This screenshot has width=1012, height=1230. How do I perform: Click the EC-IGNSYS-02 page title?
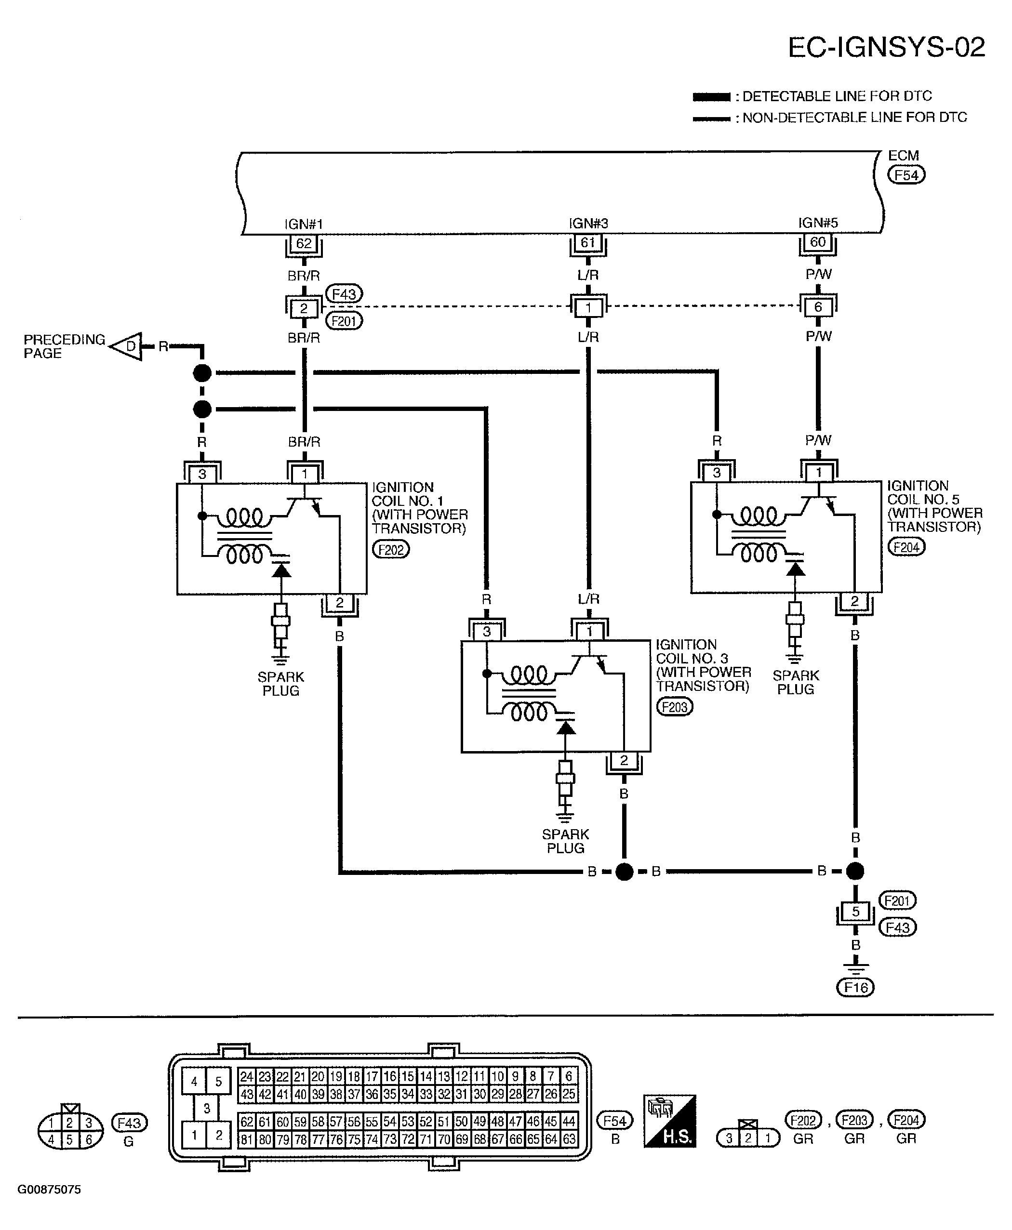pyautogui.click(x=886, y=47)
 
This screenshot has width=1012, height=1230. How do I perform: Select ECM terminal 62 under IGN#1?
pyautogui.click(x=304, y=244)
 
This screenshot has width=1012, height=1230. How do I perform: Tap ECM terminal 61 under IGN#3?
pyautogui.click(x=587, y=242)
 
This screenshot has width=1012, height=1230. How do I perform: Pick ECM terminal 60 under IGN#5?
pyautogui.click(x=818, y=242)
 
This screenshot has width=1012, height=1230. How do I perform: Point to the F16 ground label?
pyautogui.click(x=856, y=988)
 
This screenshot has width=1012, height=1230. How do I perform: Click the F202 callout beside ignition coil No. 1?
pyautogui.click(x=390, y=549)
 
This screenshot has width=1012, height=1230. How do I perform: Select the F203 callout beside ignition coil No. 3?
pyautogui.click(x=675, y=707)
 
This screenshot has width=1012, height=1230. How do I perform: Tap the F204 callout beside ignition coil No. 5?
pyautogui.click(x=906, y=547)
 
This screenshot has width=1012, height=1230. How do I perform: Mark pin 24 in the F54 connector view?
pyautogui.click(x=247, y=1076)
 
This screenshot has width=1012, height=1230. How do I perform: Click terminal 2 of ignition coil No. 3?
pyautogui.click(x=624, y=760)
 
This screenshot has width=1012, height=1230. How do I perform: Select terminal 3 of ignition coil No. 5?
pyautogui.click(x=717, y=473)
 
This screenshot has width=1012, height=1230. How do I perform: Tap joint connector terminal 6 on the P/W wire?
pyautogui.click(x=818, y=307)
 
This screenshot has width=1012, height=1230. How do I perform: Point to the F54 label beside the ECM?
pyautogui.click(x=906, y=175)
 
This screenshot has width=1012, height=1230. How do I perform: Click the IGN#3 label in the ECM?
pyautogui.click(x=588, y=223)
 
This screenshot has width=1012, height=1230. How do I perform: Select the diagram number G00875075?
pyautogui.click(x=49, y=1190)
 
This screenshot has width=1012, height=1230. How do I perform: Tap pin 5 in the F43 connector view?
pyautogui.click(x=69, y=1140)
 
